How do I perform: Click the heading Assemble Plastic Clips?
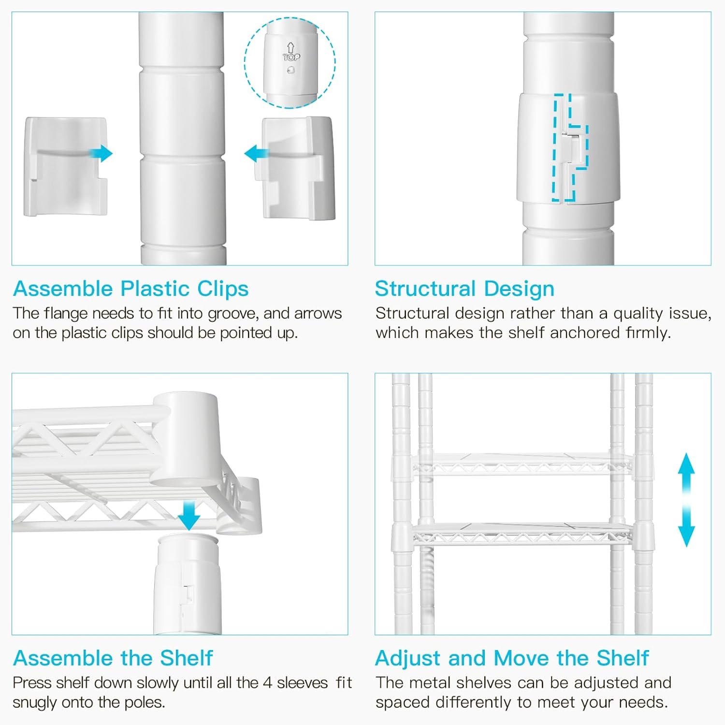(x=131, y=289)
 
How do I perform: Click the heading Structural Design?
(x=464, y=289)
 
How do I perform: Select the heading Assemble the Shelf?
(x=113, y=658)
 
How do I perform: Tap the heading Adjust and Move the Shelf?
(x=512, y=658)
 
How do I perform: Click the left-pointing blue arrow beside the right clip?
(x=257, y=154)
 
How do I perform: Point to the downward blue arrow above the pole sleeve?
(x=188, y=516)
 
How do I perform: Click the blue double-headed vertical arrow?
(x=686, y=500)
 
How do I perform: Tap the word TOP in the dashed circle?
(x=291, y=57)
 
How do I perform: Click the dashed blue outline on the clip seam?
(x=570, y=147)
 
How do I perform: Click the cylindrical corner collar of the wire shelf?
(x=186, y=439)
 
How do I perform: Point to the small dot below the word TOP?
(x=290, y=70)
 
